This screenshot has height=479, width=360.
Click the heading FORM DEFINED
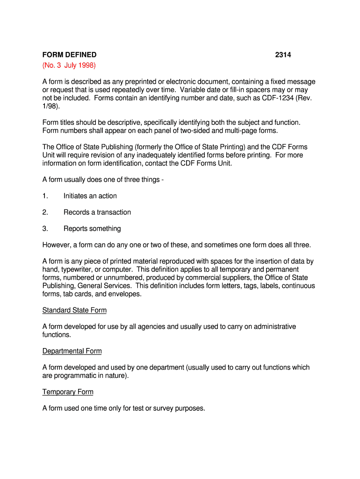(x=69, y=55)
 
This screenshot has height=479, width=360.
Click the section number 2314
(x=283, y=55)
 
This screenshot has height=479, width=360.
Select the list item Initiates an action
(x=90, y=196)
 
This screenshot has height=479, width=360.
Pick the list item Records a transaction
(x=97, y=212)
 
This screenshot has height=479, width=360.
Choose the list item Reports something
(x=92, y=229)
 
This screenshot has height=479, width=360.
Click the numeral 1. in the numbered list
(x=45, y=196)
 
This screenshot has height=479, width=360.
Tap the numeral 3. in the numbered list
(x=45, y=229)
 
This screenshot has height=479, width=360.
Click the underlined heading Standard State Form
(x=74, y=310)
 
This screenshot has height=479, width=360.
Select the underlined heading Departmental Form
(x=72, y=351)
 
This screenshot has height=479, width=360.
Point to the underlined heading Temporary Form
(x=68, y=392)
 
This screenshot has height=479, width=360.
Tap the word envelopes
(x=125, y=294)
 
